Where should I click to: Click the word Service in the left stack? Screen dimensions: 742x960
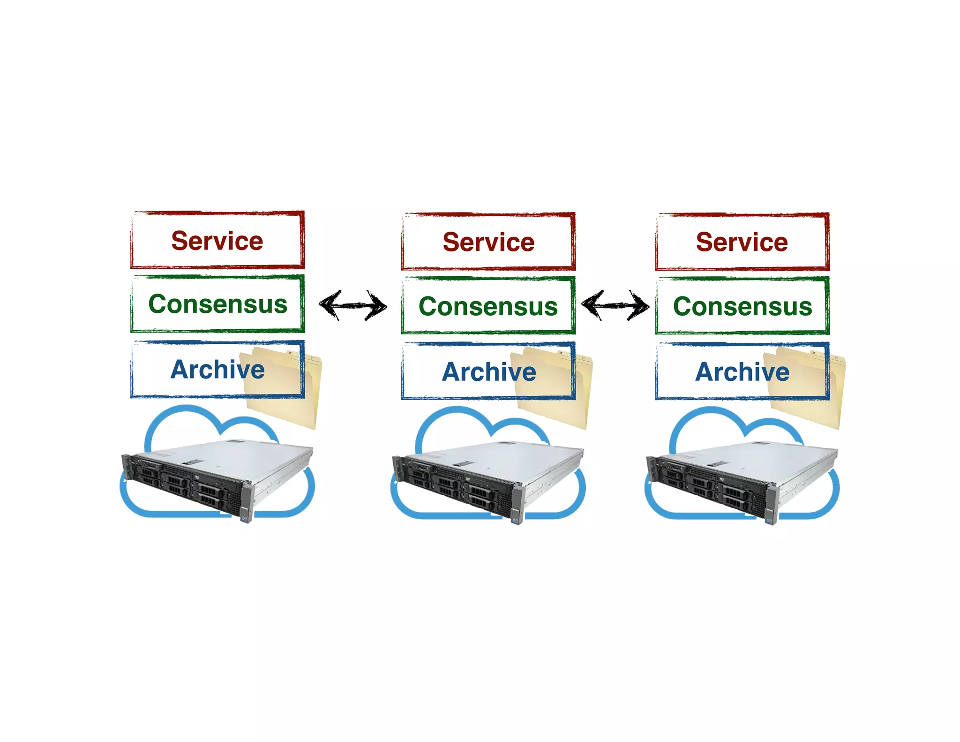(x=217, y=241)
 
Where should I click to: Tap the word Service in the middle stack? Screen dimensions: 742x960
(x=488, y=242)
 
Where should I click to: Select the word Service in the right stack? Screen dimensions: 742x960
(x=742, y=242)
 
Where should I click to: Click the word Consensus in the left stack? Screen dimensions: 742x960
(x=217, y=304)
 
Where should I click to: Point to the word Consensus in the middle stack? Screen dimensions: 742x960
(x=488, y=306)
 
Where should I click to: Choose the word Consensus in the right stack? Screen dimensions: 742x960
(x=742, y=306)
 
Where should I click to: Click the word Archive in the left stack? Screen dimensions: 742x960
(x=217, y=370)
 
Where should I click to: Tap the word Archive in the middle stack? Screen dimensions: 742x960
(x=489, y=372)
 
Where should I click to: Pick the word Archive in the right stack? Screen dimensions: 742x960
(x=742, y=372)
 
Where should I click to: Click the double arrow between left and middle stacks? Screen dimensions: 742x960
(x=353, y=305)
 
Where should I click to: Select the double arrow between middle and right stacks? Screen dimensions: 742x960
(x=615, y=305)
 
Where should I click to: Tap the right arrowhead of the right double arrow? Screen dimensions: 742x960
(x=641, y=306)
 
